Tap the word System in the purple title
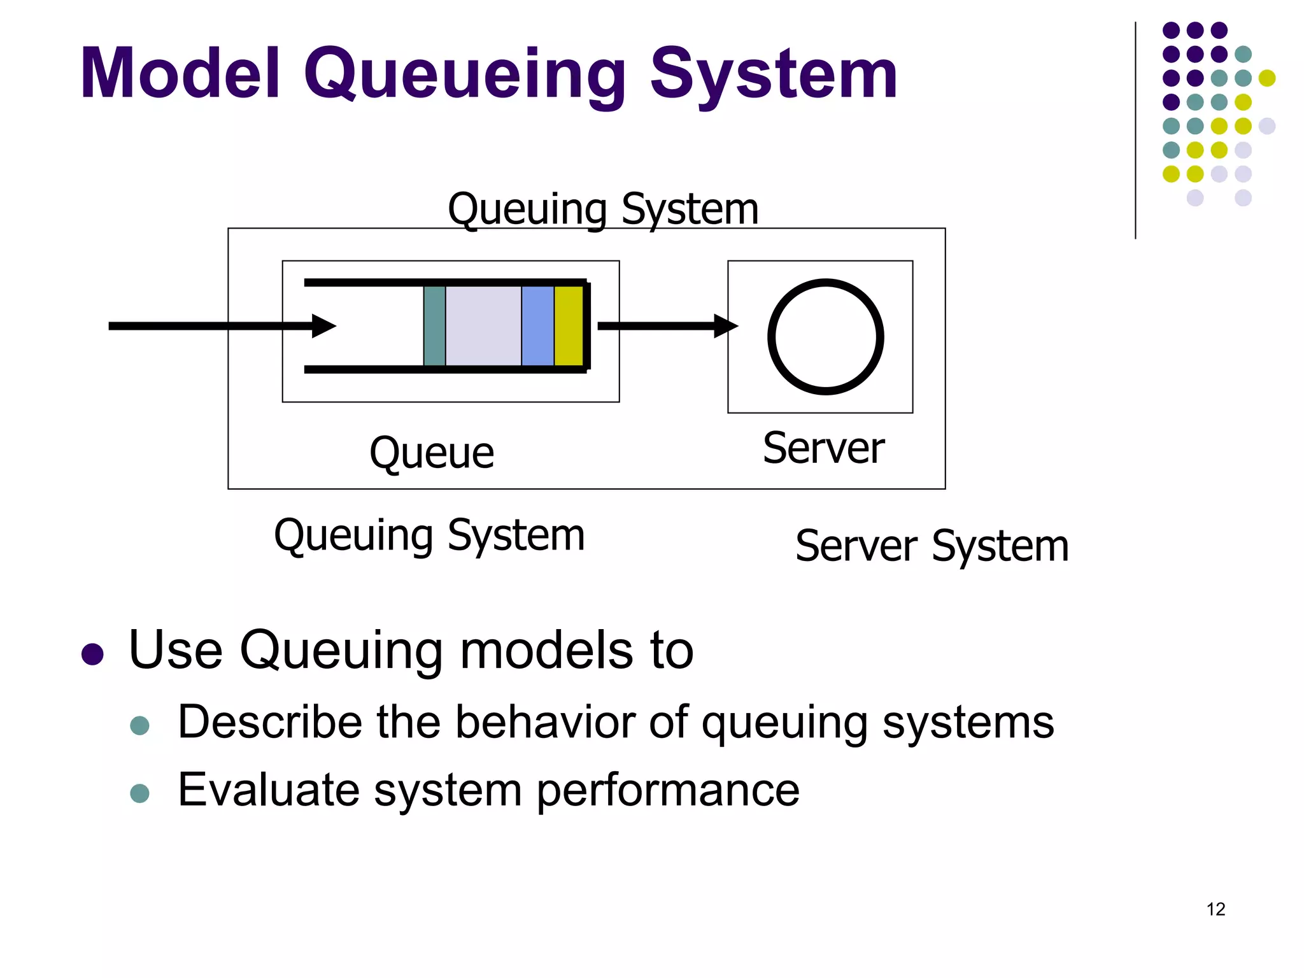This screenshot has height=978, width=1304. (773, 75)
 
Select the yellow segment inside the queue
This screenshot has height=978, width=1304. (568, 326)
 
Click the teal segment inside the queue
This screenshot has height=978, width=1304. (434, 326)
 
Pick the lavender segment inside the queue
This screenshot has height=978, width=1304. (483, 326)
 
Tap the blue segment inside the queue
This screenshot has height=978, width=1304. (537, 326)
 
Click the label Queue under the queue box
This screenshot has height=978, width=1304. (432, 453)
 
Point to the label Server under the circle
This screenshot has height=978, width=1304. (823, 448)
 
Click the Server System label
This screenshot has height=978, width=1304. (932, 546)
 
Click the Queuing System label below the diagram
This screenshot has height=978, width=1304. (429, 535)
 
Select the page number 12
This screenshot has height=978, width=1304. (1215, 909)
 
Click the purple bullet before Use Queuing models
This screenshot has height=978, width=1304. (93, 655)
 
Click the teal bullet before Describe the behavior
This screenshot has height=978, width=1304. (139, 726)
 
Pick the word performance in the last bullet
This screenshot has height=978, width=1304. (667, 791)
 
